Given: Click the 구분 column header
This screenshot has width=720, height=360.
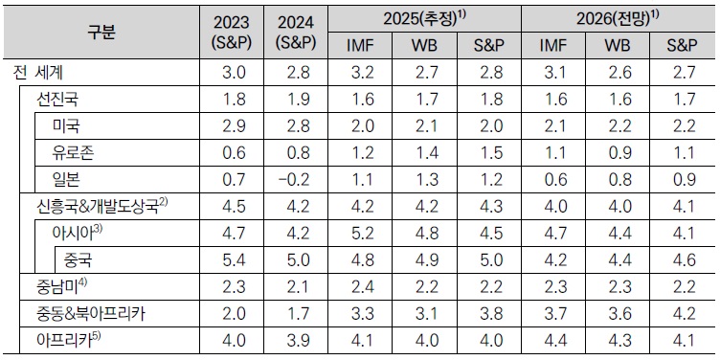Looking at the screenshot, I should pos(101,32).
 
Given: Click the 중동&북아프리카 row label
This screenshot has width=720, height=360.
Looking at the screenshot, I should pos(97,314).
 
